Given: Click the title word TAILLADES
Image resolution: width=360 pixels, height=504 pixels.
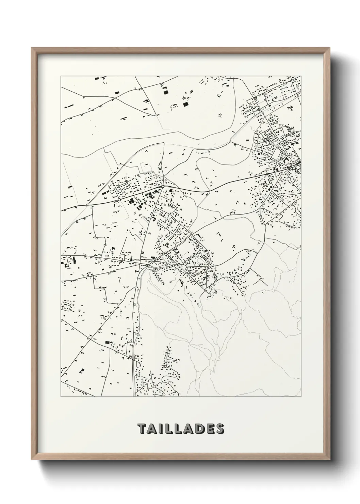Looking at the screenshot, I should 181,429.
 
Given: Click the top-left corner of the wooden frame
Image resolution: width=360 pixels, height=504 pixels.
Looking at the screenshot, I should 32,48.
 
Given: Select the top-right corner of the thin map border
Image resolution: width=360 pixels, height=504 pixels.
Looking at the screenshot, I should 301,76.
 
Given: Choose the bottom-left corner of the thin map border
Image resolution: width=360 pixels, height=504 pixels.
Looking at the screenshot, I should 61,397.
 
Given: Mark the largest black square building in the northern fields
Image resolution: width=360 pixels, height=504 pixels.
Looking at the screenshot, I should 185,104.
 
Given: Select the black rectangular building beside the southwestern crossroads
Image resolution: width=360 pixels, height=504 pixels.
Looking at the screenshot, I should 108,342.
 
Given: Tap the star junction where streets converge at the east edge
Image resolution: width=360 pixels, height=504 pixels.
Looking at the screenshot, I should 297,167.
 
